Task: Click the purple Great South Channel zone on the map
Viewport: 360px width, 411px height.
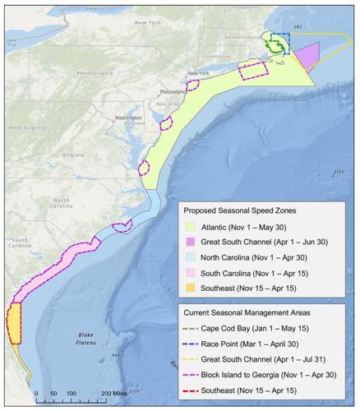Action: [x=304, y=59]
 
